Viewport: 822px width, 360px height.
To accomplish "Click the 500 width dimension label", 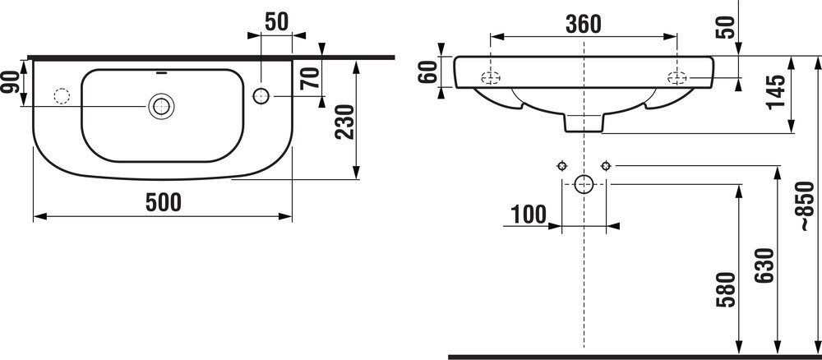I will pos(162,202).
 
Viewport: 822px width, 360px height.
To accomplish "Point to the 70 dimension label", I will pos(310,81).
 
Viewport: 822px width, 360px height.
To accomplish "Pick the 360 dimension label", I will pos(584,24).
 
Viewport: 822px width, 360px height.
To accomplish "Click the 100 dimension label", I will pos(528,215).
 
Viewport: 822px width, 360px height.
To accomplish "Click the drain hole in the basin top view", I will pos(160,105).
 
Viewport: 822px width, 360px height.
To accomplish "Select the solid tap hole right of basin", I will pos(262,95).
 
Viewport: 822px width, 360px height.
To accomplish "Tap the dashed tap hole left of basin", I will pos(60,95).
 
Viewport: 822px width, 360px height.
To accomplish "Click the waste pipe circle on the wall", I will pos(584,183).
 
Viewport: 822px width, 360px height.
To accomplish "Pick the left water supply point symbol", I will pos(561,165).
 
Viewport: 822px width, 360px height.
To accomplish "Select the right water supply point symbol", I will pos(606,165).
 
